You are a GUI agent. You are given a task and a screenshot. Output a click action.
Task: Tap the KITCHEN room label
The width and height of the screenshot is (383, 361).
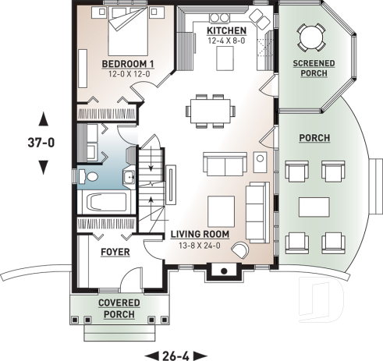click(x=225, y=30)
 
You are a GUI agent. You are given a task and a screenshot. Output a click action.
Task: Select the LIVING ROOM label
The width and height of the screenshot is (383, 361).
click(x=200, y=233)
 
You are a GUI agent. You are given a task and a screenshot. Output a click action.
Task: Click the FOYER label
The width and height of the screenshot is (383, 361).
click(x=115, y=253)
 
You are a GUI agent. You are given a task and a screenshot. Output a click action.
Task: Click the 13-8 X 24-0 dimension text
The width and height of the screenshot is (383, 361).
click(x=200, y=244)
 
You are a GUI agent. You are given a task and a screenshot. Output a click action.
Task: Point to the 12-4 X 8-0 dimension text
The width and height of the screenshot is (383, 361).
click(x=225, y=41)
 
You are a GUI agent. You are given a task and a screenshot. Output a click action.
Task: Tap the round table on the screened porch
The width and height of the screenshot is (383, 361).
click(x=310, y=35)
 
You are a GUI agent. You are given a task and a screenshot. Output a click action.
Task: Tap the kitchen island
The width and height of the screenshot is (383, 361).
click(x=225, y=55)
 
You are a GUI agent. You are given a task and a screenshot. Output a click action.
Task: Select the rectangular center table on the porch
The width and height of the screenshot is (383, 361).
click(x=314, y=207)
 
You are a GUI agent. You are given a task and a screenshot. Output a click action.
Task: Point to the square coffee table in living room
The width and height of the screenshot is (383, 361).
click(x=221, y=208)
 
